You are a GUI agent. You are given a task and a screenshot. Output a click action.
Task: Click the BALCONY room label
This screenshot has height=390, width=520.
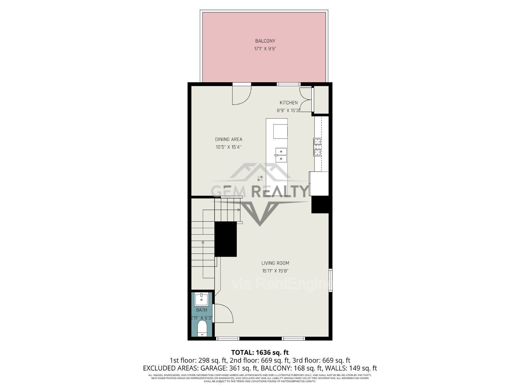pyautogui.click(x=265, y=41)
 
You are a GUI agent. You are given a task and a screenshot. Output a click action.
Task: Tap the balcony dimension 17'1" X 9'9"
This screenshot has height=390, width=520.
pyautogui.click(x=265, y=49)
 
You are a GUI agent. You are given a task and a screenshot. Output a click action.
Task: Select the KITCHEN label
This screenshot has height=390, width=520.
pyautogui.click(x=289, y=103)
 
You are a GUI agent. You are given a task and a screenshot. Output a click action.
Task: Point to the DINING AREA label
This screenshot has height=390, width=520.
pyautogui.click(x=228, y=139)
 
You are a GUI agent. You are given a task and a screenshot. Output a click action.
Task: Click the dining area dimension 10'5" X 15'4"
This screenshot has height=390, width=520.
pyautogui.click(x=228, y=147)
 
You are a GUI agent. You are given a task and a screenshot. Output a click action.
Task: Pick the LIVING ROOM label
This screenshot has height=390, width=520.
pyautogui.click(x=275, y=263)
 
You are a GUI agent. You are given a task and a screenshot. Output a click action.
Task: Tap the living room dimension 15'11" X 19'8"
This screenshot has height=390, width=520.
pyautogui.click(x=275, y=271)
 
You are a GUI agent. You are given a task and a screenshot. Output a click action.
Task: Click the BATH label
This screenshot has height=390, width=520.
pyautogui.click(x=201, y=310)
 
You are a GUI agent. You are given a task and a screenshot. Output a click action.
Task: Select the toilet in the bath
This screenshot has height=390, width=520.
pyautogui.click(x=202, y=328)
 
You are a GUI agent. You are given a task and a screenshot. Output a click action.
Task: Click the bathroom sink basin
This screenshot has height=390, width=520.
pyautogui.click(x=201, y=299)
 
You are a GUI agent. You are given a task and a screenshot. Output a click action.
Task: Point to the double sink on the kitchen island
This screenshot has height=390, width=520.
pyautogui.click(x=281, y=155)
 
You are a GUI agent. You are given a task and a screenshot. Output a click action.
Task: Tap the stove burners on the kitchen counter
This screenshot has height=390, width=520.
pyautogui.click(x=317, y=147)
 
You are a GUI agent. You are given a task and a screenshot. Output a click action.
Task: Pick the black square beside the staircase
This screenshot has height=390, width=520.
pyautogui.click(x=226, y=239)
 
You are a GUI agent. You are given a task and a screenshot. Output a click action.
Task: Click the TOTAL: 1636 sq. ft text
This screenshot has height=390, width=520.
pyautogui.click(x=260, y=352)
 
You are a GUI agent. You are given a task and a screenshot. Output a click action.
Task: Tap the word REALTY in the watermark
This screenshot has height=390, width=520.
pyautogui.click(x=280, y=191)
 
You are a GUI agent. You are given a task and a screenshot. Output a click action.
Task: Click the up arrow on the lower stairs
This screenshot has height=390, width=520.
pyautogui.click(x=203, y=242)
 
